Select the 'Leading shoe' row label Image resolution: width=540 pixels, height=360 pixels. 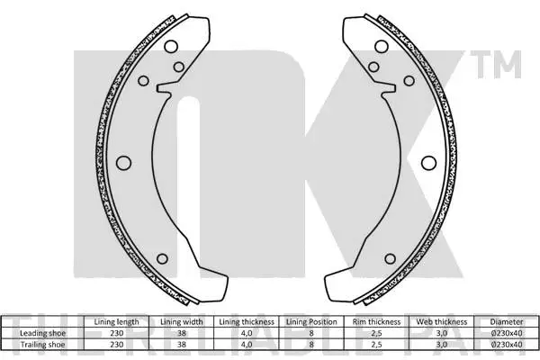[40, 332]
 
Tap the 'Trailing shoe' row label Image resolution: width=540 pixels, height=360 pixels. [40, 343]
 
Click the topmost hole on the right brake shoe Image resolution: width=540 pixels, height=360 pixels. [381, 46]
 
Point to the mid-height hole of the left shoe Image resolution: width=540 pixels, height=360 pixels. [122, 162]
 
